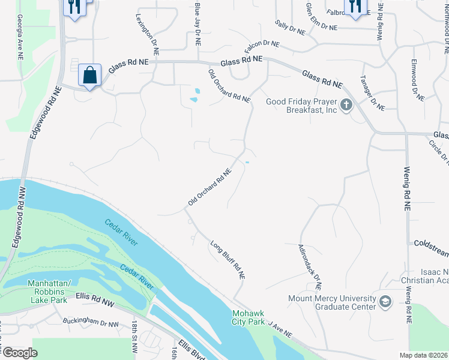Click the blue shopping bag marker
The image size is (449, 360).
pyautogui.click(x=89, y=76)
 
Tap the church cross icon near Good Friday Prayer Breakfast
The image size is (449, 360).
pyautogui.click(x=346, y=106)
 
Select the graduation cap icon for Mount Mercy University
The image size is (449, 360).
pyautogui.click(x=385, y=301)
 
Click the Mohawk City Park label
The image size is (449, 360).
pyautogui.click(x=249, y=317)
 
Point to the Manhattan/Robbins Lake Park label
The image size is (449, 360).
pyautogui.click(x=49, y=287)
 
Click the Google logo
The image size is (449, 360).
pyautogui.click(x=20, y=353)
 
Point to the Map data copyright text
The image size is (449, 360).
pyautogui.click(x=423, y=355)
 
